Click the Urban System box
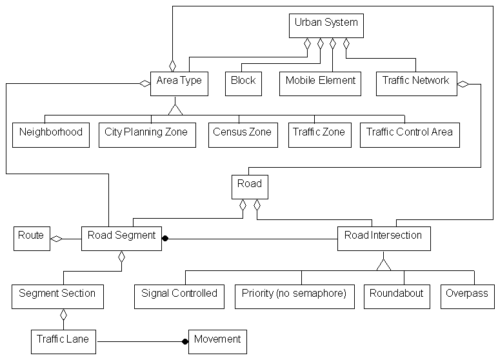[x=326, y=25]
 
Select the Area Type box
[x=179, y=83]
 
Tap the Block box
[x=243, y=83]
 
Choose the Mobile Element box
[x=320, y=83]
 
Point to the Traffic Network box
[x=415, y=83]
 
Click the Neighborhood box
[x=51, y=135]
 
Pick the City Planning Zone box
[x=146, y=135]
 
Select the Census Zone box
[x=242, y=135]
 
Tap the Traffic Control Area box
[x=410, y=135]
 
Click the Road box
[x=250, y=186]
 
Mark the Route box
[x=32, y=238]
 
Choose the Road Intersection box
[x=383, y=238]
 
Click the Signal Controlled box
[x=179, y=296]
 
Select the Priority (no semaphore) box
[x=294, y=296]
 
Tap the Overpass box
[x=467, y=296]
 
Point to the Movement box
[x=217, y=341]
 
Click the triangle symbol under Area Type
[x=175, y=108]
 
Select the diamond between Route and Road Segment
[x=57, y=239]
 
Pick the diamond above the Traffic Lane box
[x=63, y=315]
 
